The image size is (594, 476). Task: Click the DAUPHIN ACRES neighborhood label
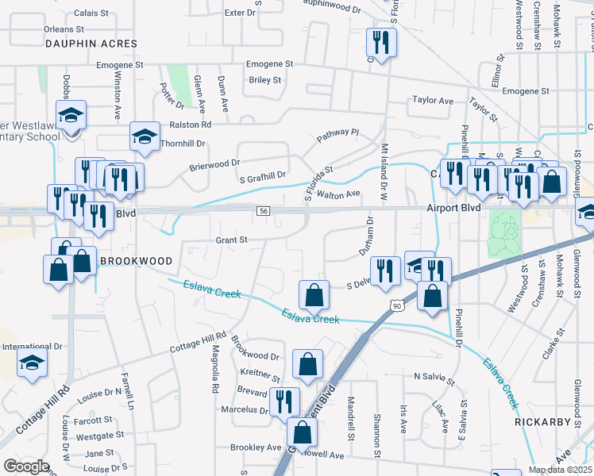click(x=91, y=44)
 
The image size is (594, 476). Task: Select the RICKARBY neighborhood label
click(x=542, y=422)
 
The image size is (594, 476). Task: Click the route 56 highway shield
click(x=264, y=210)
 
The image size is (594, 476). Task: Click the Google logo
click(x=26, y=466)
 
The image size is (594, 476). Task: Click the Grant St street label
click(x=232, y=239)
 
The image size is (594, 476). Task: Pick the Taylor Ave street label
click(x=432, y=101)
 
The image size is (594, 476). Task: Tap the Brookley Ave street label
click(x=256, y=447)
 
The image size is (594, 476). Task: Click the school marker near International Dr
click(x=33, y=364)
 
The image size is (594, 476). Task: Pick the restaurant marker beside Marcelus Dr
click(x=284, y=401)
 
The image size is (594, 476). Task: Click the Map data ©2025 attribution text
click(x=560, y=470)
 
